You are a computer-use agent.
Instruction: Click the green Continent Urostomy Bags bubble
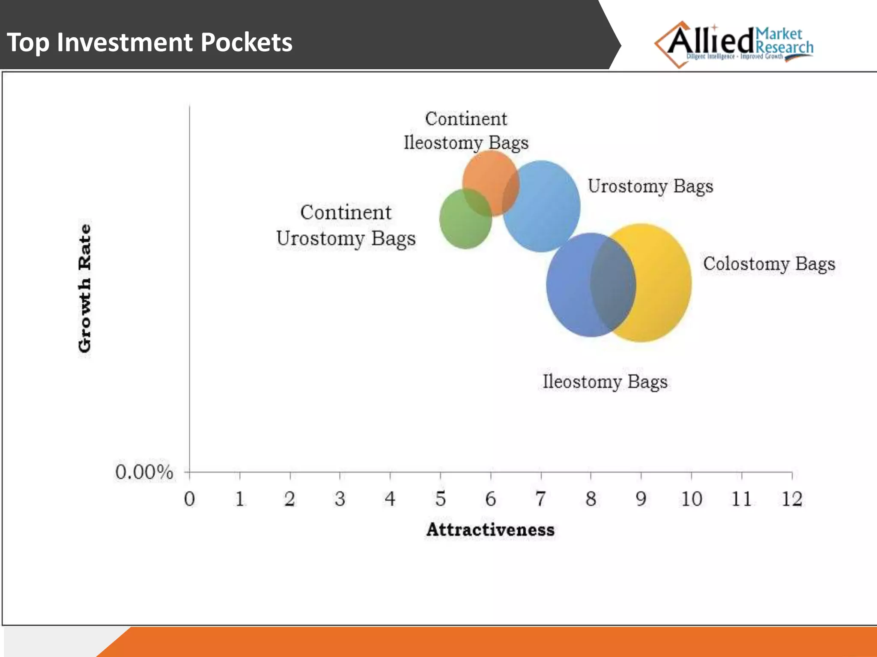pyautogui.click(x=460, y=227)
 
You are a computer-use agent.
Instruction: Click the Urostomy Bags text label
pyautogui.click(x=650, y=186)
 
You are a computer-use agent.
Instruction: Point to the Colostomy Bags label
pyautogui.click(x=769, y=264)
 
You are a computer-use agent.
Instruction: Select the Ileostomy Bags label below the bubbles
pyautogui.click(x=605, y=382)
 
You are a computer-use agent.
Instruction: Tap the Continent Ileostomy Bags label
pyautogui.click(x=466, y=131)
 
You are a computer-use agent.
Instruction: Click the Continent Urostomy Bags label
pyautogui.click(x=346, y=225)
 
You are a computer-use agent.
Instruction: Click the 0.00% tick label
pyautogui.click(x=144, y=473)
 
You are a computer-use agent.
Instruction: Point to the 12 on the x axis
pyautogui.click(x=791, y=499)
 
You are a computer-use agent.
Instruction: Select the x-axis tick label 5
pyautogui.click(x=440, y=499)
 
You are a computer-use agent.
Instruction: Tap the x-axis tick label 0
pyautogui.click(x=189, y=499)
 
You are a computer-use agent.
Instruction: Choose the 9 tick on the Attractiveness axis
pyautogui.click(x=641, y=499)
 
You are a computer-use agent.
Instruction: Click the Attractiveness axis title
pyautogui.click(x=490, y=530)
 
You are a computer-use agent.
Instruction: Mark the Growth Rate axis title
pyautogui.click(x=85, y=288)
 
